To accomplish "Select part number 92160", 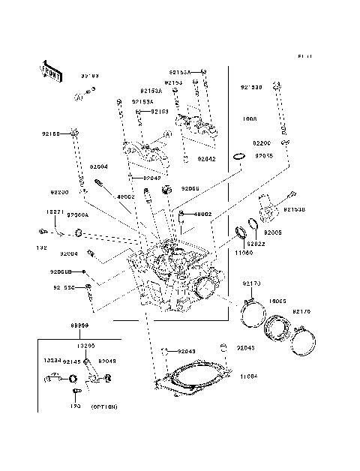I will [51, 134].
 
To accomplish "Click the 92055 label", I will [263, 156].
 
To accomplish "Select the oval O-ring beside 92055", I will [238, 157].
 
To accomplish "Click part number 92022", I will [256, 243].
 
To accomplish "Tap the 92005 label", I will [272, 233].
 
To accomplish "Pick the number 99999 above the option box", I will [80, 326].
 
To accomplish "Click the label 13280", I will [86, 346].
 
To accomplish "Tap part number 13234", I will [52, 360].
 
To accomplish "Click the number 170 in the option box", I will [74, 406].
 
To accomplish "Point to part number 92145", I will [73, 361].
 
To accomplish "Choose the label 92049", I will [107, 361].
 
